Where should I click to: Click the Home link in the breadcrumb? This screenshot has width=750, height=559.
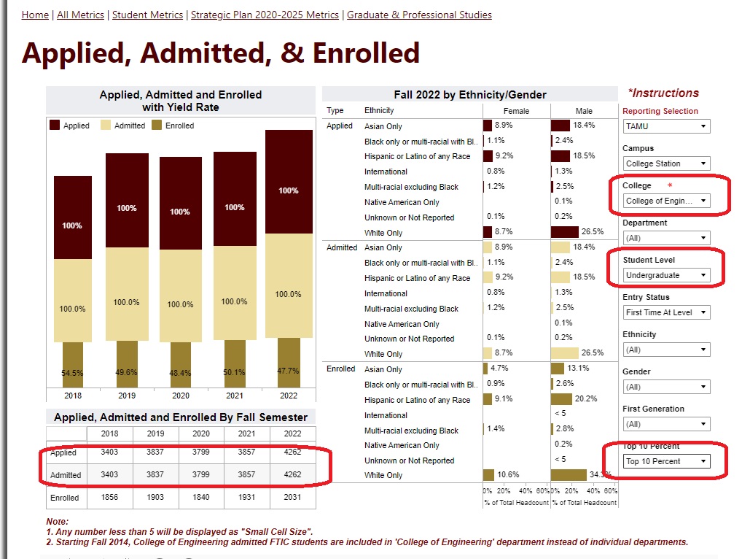[35, 15]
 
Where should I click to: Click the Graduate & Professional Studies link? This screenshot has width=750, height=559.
[419, 15]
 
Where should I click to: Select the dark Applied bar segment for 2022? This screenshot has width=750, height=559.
[288, 182]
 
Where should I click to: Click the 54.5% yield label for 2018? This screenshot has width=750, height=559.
[72, 372]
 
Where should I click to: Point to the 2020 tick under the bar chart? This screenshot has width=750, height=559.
[181, 395]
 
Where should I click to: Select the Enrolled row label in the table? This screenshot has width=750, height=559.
[65, 498]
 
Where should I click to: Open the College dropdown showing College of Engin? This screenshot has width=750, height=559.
[666, 201]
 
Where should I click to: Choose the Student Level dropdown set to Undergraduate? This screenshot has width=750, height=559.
[666, 275]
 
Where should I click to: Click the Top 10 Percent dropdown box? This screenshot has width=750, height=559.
[666, 461]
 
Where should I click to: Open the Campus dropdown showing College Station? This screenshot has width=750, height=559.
[666, 163]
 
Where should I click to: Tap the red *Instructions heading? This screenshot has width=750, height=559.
[663, 93]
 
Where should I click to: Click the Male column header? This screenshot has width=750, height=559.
[584, 111]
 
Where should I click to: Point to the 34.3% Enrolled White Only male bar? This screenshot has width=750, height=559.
[569, 475]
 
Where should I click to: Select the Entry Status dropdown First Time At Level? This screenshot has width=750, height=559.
[666, 312]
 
